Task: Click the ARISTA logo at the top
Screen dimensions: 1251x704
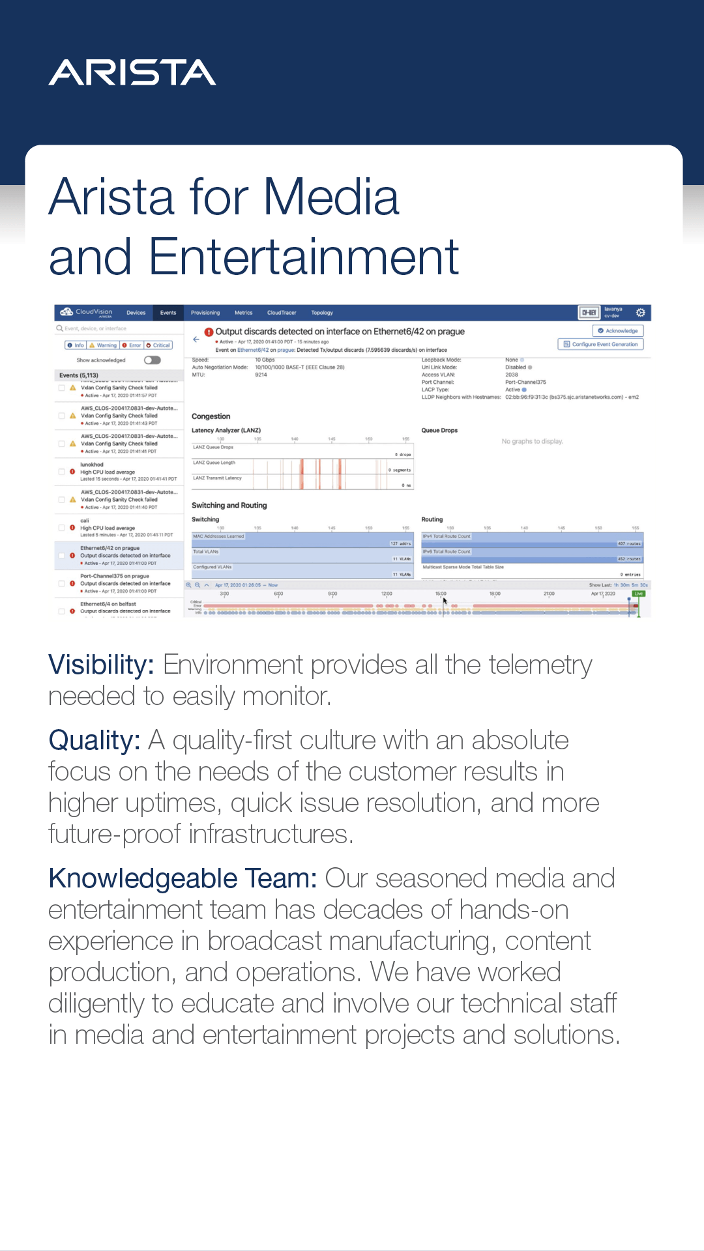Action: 132,72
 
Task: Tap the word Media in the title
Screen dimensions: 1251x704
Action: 331,197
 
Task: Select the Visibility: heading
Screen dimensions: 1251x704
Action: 101,665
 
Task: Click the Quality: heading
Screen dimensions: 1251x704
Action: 95,741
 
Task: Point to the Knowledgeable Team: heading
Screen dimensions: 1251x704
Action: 183,879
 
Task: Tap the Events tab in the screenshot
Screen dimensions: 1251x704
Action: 168,313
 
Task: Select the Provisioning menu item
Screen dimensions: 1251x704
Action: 205,313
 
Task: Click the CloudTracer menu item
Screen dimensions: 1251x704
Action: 282,313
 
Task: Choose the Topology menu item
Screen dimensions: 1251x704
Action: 322,313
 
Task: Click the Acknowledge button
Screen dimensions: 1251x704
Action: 618,331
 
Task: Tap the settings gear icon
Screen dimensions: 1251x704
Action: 641,313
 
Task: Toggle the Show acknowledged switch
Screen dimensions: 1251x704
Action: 153,360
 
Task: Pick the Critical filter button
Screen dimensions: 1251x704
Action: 158,345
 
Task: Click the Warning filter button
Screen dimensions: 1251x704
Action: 103,345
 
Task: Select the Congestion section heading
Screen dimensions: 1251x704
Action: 211,416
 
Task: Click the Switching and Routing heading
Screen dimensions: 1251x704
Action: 229,506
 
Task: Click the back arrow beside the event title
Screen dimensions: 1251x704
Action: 196,339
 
